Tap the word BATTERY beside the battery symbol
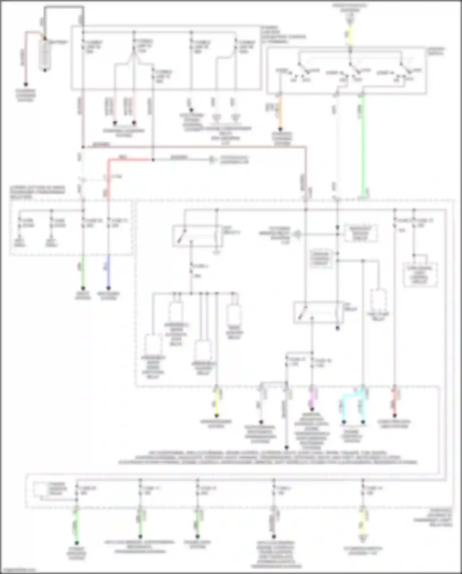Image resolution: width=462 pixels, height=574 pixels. coord(58,42)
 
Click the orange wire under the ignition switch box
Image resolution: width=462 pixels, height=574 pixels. coord(280,113)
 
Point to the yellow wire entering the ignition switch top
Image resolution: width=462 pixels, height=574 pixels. coord(350,35)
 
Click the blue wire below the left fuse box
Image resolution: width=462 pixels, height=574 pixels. coord(108,271)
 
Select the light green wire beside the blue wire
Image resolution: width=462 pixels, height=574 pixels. coord(83,271)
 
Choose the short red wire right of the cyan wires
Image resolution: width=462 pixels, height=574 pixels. coord(395,403)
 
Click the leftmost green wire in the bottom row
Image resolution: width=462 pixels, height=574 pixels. coord(76,524)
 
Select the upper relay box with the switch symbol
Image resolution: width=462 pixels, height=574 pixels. coord(197,236)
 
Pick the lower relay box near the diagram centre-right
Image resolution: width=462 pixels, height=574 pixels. coord(317,312)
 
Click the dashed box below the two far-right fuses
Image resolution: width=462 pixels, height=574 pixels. coord(420,275)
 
